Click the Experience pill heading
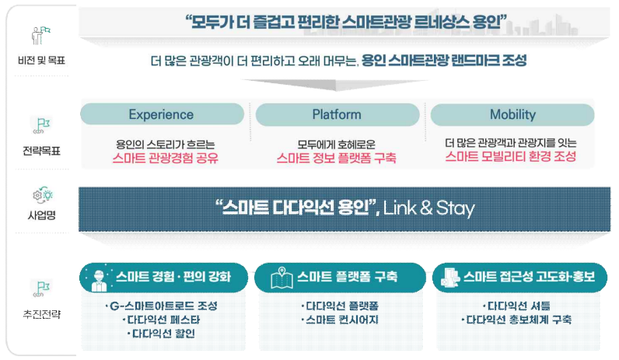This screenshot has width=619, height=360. coord(161,114)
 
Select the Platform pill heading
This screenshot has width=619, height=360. coord(337,114)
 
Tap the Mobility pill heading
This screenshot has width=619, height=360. coord(512,114)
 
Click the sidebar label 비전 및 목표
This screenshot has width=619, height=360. coord(38,59)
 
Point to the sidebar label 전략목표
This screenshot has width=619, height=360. coord(38,151)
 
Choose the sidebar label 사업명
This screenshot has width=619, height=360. coord(38,216)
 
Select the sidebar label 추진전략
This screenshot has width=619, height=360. coord(38,315)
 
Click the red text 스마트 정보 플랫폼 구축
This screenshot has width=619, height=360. coord(337,158)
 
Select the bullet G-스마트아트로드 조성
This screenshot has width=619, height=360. coord(161,305)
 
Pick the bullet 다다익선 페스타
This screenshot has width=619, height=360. coord(162,320)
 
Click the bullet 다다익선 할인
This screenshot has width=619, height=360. coord(163,334)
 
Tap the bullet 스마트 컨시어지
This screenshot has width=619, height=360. coord(341,320)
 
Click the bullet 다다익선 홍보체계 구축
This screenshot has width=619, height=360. coord(516,320)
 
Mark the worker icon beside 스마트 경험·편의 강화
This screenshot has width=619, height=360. coord(100,277)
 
